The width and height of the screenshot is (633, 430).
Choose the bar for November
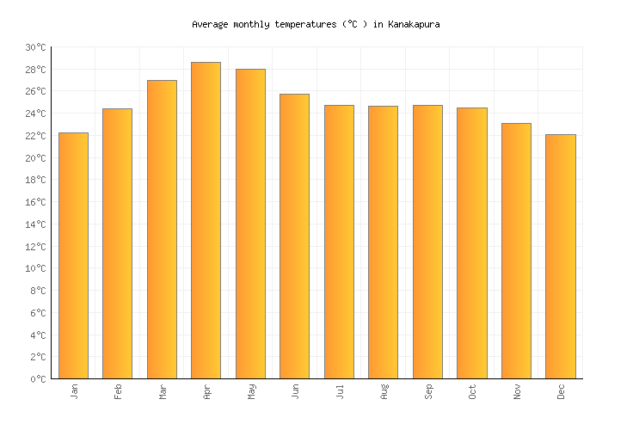pyautogui.click(x=516, y=250)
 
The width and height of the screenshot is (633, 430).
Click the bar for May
pyautogui.click(x=250, y=224)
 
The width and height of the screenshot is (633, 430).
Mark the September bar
pyautogui.click(x=427, y=242)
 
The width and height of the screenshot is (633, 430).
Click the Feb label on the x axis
pyautogui.click(x=119, y=391)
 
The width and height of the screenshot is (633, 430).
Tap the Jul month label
pyautogui.click(x=340, y=391)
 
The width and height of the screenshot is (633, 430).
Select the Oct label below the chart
pyautogui.click(x=472, y=391)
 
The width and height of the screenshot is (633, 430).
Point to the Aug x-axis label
pyautogui.click(x=384, y=391)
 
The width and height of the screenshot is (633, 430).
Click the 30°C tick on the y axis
pyautogui.click(x=36, y=47)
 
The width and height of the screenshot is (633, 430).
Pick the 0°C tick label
pyautogui.click(x=39, y=379)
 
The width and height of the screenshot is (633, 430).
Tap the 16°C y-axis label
pyautogui.click(x=36, y=202)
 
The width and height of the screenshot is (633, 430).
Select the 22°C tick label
pyautogui.click(x=36, y=136)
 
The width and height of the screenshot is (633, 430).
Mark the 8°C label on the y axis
pyautogui.click(x=39, y=291)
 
